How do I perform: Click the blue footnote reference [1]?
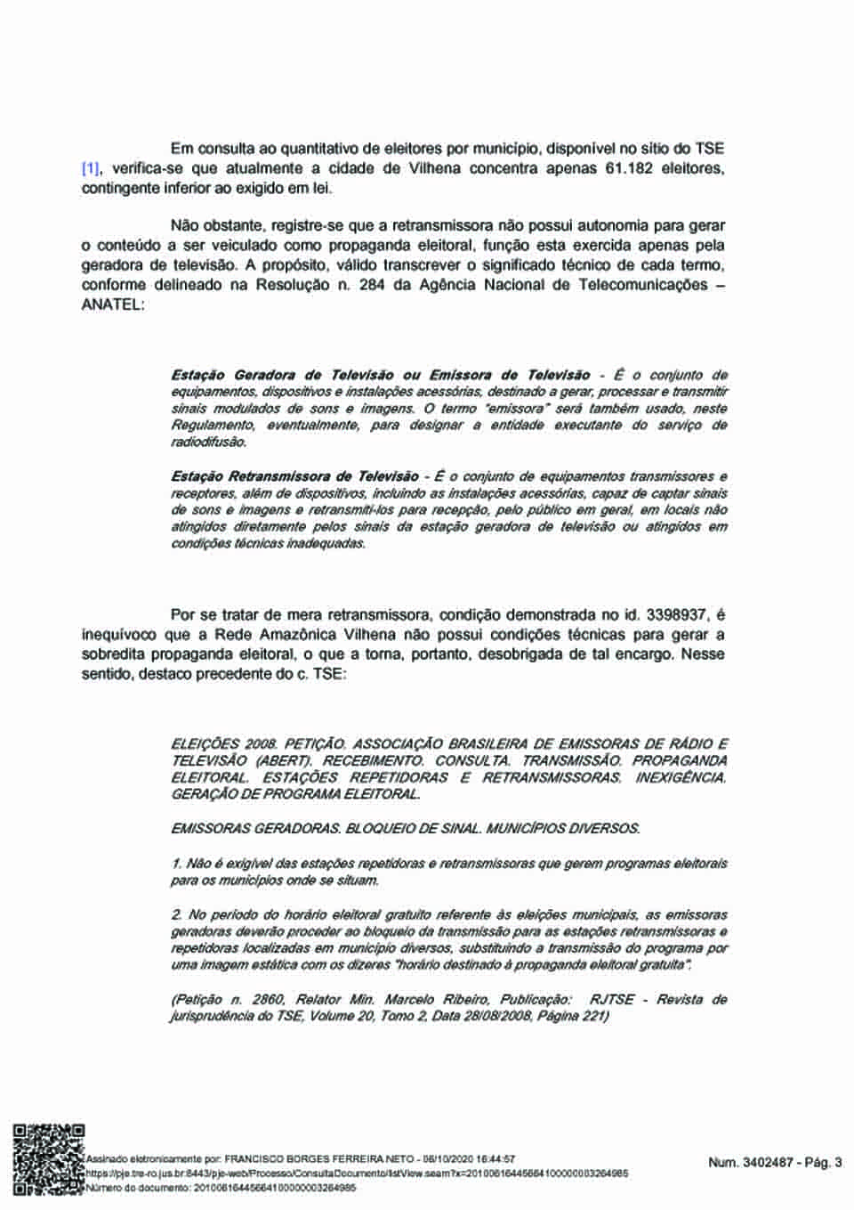(91, 169)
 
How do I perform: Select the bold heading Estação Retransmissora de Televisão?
(294, 477)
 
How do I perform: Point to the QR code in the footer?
(48, 1158)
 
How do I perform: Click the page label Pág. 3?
(823, 1162)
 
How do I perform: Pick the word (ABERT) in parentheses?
(283, 760)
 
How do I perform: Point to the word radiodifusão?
(208, 442)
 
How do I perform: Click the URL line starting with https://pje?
(356, 1173)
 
